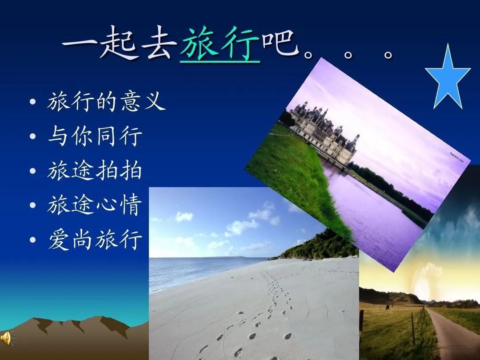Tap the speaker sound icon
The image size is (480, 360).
click(6, 338)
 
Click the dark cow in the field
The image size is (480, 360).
click(388, 308)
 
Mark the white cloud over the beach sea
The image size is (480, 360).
click(184, 216)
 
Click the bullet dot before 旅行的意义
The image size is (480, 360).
click(33, 101)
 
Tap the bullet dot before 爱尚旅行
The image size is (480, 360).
click(33, 240)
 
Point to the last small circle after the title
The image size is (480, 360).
click(388, 55)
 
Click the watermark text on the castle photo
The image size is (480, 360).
click(456, 157)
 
